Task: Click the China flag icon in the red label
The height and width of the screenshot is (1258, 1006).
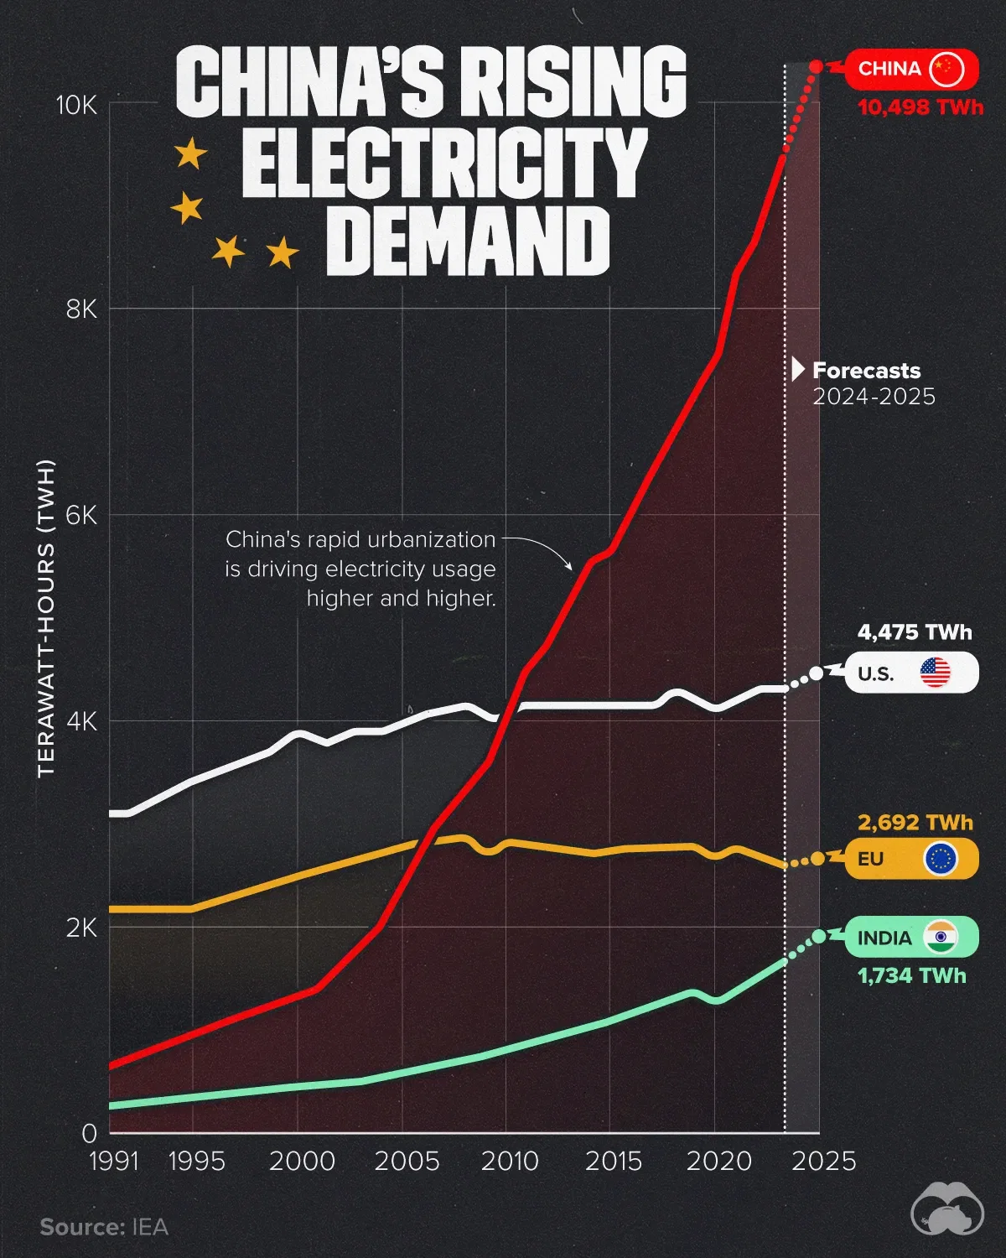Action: click(x=946, y=69)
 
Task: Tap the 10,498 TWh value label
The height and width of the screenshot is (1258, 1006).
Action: click(x=920, y=107)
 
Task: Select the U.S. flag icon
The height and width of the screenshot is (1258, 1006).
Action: click(x=935, y=673)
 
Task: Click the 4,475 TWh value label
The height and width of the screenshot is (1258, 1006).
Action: click(x=915, y=632)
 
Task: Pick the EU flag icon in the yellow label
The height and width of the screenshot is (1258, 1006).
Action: click(x=940, y=859)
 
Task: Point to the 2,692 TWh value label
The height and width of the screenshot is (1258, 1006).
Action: click(x=915, y=823)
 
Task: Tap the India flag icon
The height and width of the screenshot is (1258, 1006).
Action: click(x=941, y=937)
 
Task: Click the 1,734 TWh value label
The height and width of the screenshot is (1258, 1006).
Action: click(x=911, y=976)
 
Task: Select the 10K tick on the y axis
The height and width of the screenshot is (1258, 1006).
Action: click(x=76, y=105)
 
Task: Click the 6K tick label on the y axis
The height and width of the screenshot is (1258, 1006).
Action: click(x=81, y=515)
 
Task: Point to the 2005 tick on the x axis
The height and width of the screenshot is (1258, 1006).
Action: click(x=407, y=1162)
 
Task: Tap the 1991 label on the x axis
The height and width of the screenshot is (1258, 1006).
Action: click(x=114, y=1162)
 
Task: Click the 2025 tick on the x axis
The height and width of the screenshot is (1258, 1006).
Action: click(x=824, y=1162)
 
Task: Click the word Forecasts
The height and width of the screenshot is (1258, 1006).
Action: click(x=866, y=371)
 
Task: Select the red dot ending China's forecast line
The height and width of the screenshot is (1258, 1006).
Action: click(x=816, y=66)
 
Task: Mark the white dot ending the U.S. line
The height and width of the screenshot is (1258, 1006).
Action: click(x=817, y=673)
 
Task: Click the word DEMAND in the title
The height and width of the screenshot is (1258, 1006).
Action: click(x=472, y=242)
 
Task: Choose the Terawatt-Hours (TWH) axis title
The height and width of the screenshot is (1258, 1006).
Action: click(x=46, y=618)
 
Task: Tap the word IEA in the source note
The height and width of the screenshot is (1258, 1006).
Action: click(x=150, y=1227)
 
